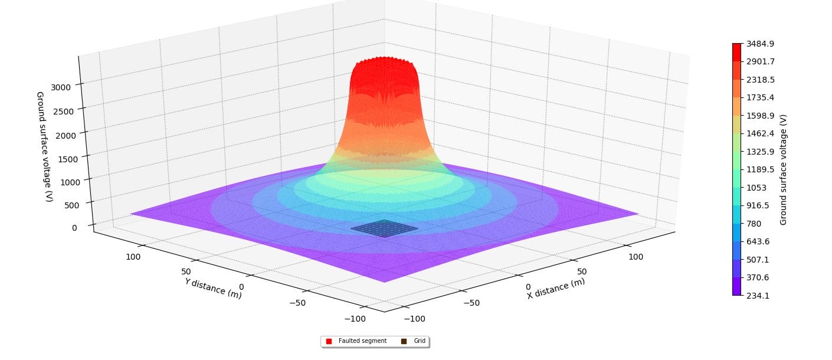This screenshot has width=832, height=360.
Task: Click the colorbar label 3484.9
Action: (x=760, y=44)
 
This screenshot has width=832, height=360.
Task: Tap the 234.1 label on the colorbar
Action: (x=758, y=296)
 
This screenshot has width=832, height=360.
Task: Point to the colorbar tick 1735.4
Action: (x=760, y=97)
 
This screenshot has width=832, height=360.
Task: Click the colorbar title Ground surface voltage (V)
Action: (x=784, y=169)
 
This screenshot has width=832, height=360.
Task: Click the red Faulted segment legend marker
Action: (x=329, y=341)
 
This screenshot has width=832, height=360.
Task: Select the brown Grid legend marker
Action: (x=404, y=341)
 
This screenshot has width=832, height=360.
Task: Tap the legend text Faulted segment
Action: (x=362, y=341)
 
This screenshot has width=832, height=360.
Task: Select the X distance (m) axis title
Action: (x=556, y=289)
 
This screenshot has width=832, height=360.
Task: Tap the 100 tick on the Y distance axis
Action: (x=133, y=257)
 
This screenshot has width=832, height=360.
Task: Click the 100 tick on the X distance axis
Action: (x=635, y=257)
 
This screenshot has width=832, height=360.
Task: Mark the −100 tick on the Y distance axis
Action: (x=354, y=319)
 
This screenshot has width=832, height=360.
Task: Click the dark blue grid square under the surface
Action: (x=384, y=228)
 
